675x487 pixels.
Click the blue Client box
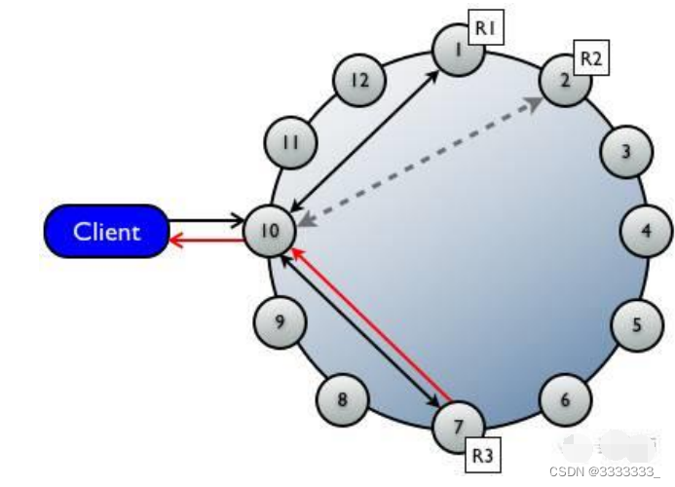pyautogui.click(x=107, y=232)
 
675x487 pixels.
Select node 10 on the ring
pyautogui.click(x=269, y=231)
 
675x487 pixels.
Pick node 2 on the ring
pyautogui.click(x=566, y=80)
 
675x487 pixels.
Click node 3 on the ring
pyautogui.click(x=624, y=151)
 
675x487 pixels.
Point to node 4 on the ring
pyautogui.click(x=646, y=233)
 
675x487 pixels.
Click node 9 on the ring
pyautogui.click(x=280, y=320)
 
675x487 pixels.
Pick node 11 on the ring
pyautogui.click(x=291, y=143)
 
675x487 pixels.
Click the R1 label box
pyautogui.click(x=486, y=30)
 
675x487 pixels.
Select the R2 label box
pyautogui.click(x=591, y=58)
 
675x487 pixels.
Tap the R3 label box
pyautogui.click(x=483, y=455)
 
